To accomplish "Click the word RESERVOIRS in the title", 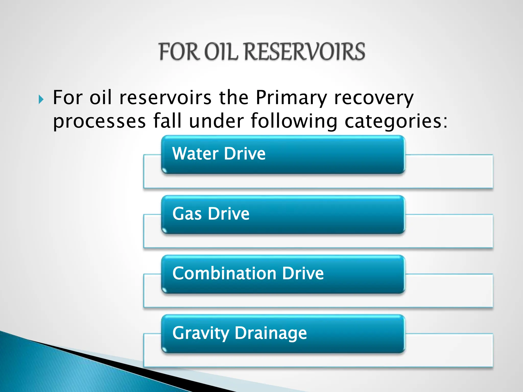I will click(305, 52).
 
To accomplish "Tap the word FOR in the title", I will click(179, 52).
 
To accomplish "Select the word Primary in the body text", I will click(291, 98).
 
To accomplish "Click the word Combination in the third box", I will click(224, 273).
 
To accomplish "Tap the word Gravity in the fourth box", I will click(201, 333).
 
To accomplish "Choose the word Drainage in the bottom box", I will click(271, 333).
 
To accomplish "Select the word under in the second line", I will click(217, 121).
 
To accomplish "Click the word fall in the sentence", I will click(167, 121).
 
